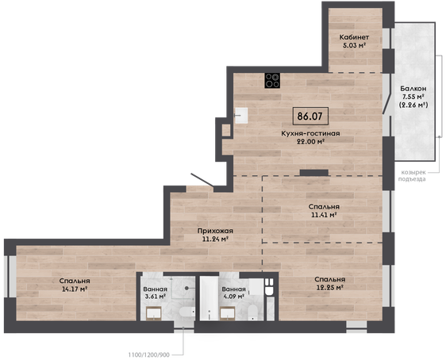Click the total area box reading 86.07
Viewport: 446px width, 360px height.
(x=310, y=116)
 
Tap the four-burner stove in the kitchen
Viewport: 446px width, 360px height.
(x=272, y=80)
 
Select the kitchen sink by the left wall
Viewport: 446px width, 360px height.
(x=241, y=115)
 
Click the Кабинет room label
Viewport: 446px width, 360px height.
(x=354, y=37)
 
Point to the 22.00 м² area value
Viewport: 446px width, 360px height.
(x=311, y=141)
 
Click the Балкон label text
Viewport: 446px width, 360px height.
(x=413, y=88)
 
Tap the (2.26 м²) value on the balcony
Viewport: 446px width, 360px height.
(x=413, y=105)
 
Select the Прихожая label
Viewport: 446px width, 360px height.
(x=215, y=231)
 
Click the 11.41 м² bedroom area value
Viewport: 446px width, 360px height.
(x=324, y=215)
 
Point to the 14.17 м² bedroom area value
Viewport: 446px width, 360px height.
(x=75, y=289)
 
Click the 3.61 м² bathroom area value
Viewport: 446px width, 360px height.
(x=156, y=297)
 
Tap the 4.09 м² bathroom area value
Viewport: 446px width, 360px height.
(x=234, y=297)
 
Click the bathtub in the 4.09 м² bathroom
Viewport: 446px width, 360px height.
(x=209, y=298)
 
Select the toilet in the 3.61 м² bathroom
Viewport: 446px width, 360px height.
(x=187, y=312)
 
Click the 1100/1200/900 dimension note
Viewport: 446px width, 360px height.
(x=148, y=355)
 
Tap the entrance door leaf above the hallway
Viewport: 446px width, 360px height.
(x=202, y=180)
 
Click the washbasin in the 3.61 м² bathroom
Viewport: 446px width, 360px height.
(x=154, y=314)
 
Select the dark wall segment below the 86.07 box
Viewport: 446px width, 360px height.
(x=314, y=173)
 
